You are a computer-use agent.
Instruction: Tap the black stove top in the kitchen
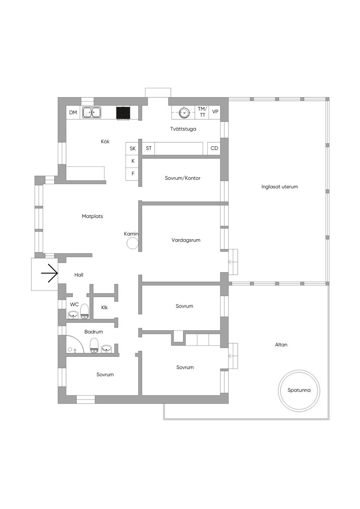(123, 112)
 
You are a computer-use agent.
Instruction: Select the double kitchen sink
(92, 112)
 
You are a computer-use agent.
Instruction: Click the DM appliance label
(73, 112)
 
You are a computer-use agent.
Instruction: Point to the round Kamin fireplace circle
(132, 243)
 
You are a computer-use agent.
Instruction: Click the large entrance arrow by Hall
(49, 273)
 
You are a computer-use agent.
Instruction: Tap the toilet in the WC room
(85, 312)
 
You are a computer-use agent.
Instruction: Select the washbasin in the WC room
(73, 315)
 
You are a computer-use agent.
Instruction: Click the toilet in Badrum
(94, 345)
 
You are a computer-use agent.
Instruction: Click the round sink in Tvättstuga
(184, 113)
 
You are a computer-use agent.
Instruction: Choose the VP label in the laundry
(215, 112)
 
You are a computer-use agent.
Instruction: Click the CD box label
(214, 148)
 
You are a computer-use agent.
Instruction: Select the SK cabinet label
(133, 149)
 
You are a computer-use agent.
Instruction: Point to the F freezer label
(133, 174)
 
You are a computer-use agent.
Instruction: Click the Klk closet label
(104, 307)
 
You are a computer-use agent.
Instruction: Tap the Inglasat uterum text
(279, 187)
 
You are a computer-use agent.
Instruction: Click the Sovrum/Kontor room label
(182, 178)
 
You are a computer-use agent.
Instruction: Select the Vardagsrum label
(186, 240)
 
